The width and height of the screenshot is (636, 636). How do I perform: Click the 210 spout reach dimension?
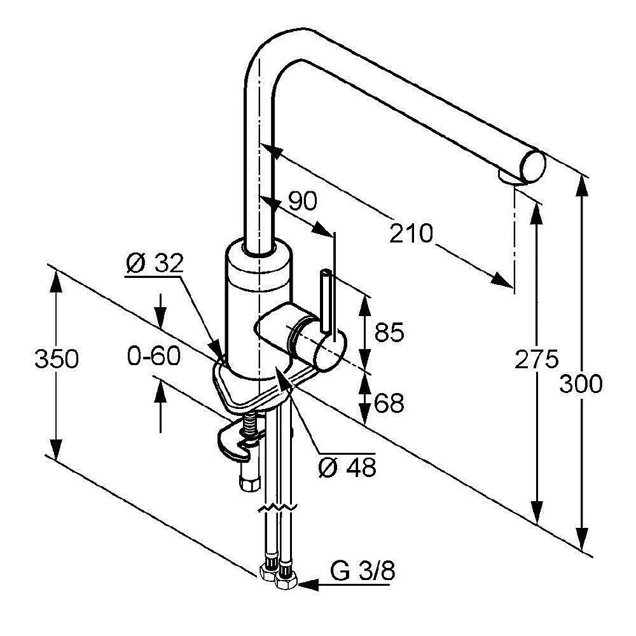(411, 234)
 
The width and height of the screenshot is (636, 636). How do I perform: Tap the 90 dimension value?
(301, 202)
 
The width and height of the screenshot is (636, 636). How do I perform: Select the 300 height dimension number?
(581, 384)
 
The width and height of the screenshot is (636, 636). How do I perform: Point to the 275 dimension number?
(536, 360)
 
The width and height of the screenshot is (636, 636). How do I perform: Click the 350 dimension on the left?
(57, 359)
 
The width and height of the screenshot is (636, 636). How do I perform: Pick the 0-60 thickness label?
(153, 356)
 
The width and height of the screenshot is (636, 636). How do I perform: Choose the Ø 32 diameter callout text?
(154, 263)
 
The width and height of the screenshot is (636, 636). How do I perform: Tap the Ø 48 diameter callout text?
(347, 467)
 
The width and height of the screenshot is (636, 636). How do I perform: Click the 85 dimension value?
(389, 333)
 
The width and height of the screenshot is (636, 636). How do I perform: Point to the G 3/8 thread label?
(363, 572)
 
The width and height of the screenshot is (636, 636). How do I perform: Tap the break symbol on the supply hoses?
(277, 509)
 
